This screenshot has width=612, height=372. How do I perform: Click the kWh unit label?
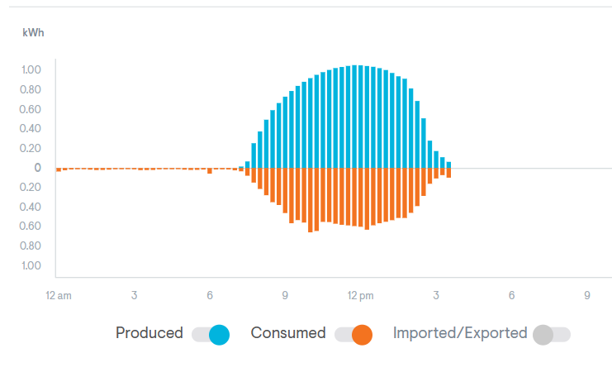point(32,32)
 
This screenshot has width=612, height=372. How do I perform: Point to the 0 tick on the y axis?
point(37,168)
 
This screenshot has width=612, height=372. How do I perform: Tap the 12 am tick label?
point(59,295)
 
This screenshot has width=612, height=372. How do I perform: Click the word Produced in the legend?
point(149,333)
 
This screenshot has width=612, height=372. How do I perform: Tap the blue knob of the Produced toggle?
point(219,335)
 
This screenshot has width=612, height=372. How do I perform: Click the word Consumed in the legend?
point(288,333)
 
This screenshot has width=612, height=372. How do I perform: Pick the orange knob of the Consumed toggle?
point(362,335)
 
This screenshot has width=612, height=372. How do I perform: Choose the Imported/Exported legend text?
point(460,333)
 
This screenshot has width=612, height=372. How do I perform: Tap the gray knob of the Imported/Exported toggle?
point(543,335)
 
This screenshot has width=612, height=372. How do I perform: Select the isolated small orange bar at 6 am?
point(210,170)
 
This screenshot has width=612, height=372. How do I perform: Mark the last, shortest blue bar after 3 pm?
point(448,165)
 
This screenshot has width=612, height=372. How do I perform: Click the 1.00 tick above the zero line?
point(31,69)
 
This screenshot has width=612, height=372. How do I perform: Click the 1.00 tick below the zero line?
point(31,265)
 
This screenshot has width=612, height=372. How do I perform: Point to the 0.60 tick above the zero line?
point(31,109)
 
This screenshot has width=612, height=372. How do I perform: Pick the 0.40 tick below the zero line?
point(31,207)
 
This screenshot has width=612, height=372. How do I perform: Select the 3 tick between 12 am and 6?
point(134,295)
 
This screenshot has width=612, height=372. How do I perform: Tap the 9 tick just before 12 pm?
point(285,295)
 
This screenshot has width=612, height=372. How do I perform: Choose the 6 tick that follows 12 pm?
point(511,295)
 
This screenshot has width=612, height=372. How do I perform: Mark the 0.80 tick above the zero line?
point(31,89)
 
